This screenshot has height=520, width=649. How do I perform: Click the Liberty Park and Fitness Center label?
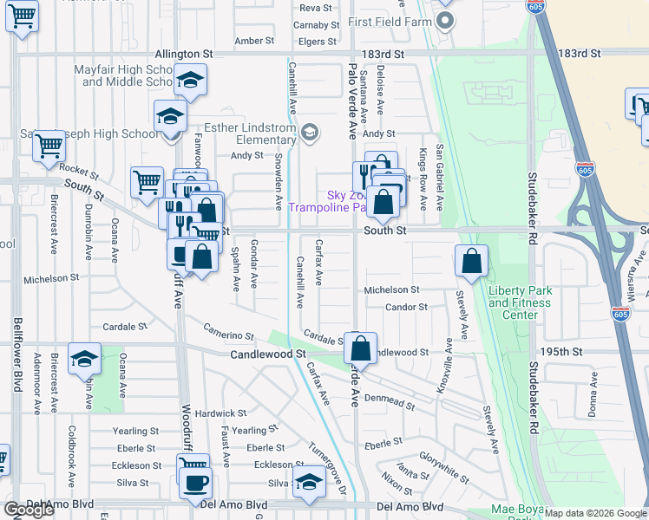(519, 302)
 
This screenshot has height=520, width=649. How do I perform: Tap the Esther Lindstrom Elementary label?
(244, 133)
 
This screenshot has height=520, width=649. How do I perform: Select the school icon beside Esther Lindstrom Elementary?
(310, 133)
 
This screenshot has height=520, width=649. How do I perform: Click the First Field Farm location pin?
(445, 22)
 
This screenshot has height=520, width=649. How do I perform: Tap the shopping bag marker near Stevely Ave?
(470, 261)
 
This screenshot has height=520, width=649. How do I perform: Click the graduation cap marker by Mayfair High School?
(188, 81)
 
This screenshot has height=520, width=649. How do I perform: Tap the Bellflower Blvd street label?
(16, 354)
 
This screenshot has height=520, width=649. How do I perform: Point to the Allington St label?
(185, 54)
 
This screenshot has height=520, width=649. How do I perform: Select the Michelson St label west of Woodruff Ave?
(51, 279)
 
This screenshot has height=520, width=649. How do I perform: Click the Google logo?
(29, 509)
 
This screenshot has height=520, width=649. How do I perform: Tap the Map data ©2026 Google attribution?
(595, 513)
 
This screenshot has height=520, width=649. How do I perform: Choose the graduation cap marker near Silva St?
(309, 483)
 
